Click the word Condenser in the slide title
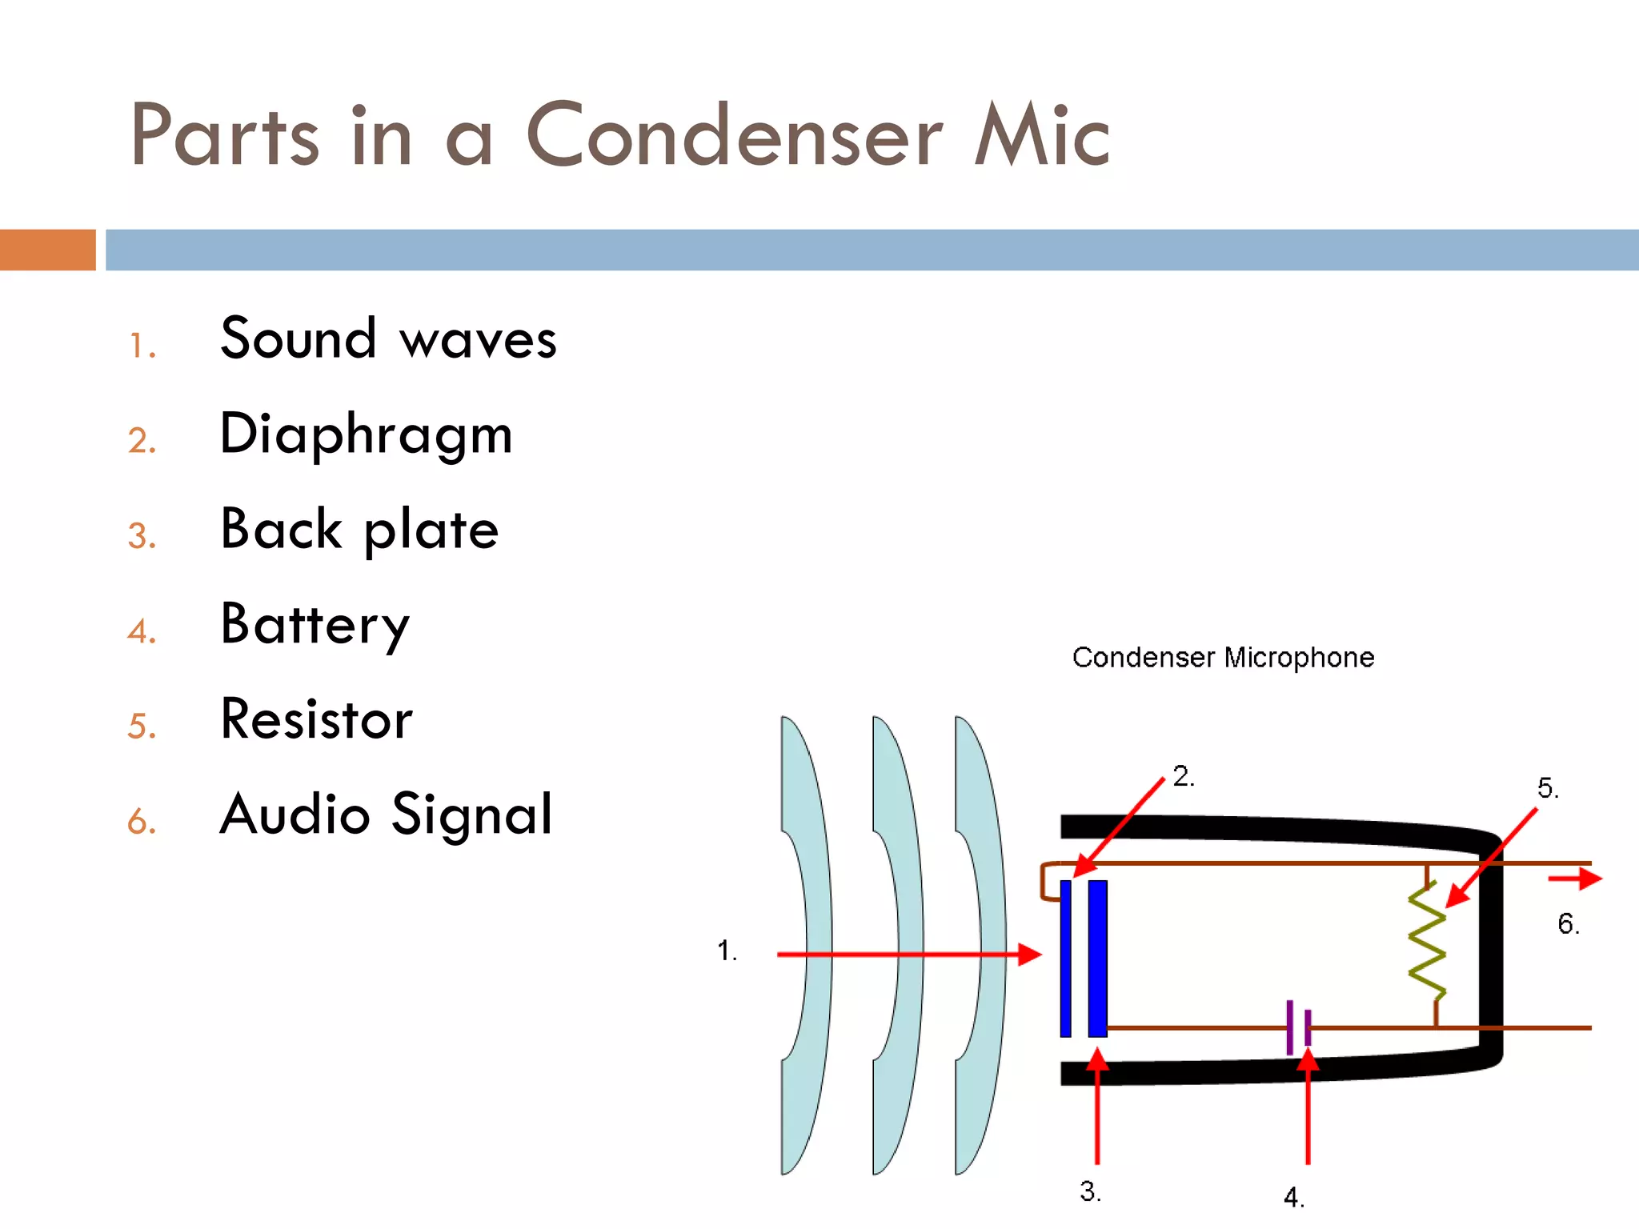[734, 136]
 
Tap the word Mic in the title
[1040, 136]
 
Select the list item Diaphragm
[366, 434]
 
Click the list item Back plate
[359, 530]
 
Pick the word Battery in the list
[315, 625]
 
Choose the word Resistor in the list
[316, 719]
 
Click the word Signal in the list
[472, 815]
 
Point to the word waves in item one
[478, 340]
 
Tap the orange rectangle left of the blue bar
[47, 250]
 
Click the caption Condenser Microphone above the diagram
[1223, 658]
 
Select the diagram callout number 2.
[1183, 776]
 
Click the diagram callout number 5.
[1547, 788]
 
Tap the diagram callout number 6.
[1568, 924]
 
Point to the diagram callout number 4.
[1293, 1198]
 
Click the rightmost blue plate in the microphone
[1097, 958]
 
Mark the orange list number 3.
[141, 536]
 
